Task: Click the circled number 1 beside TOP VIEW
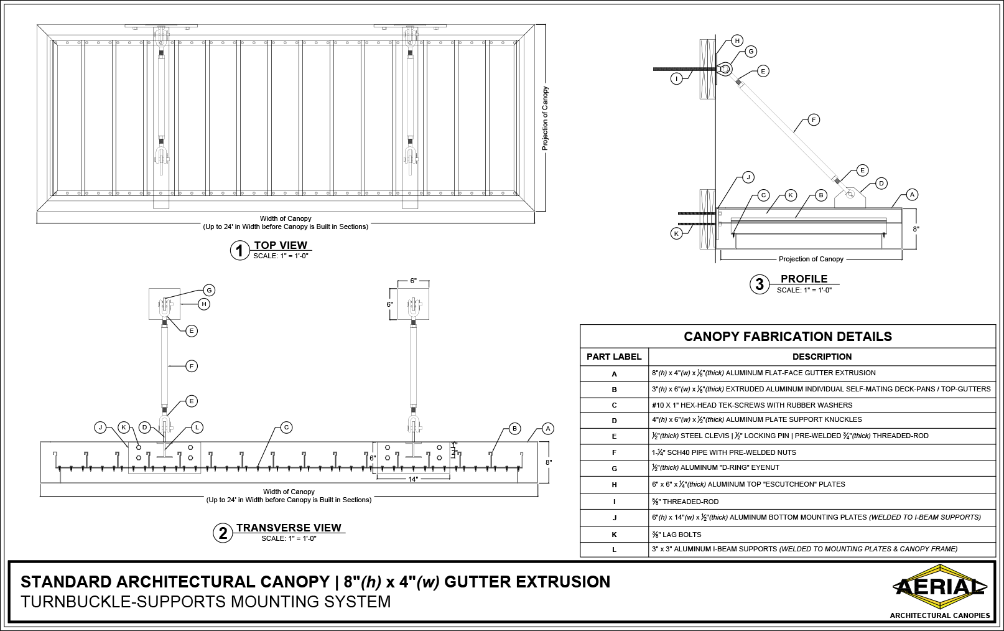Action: click(239, 251)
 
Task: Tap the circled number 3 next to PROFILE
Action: click(759, 284)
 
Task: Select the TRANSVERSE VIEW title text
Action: click(289, 528)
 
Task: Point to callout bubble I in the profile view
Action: click(677, 78)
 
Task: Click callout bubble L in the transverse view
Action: click(197, 428)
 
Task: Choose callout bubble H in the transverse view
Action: click(203, 304)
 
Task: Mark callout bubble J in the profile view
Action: click(748, 177)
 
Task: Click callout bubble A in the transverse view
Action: click(547, 429)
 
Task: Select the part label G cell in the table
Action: click(614, 468)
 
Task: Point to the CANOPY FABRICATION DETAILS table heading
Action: click(788, 337)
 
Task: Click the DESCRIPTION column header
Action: click(822, 357)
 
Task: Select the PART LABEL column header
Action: click(614, 357)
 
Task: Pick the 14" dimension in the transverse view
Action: click(413, 479)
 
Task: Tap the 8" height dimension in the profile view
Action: click(916, 229)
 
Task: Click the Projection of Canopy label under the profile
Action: click(811, 259)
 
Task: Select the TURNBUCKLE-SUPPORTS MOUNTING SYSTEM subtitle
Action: click(206, 602)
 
